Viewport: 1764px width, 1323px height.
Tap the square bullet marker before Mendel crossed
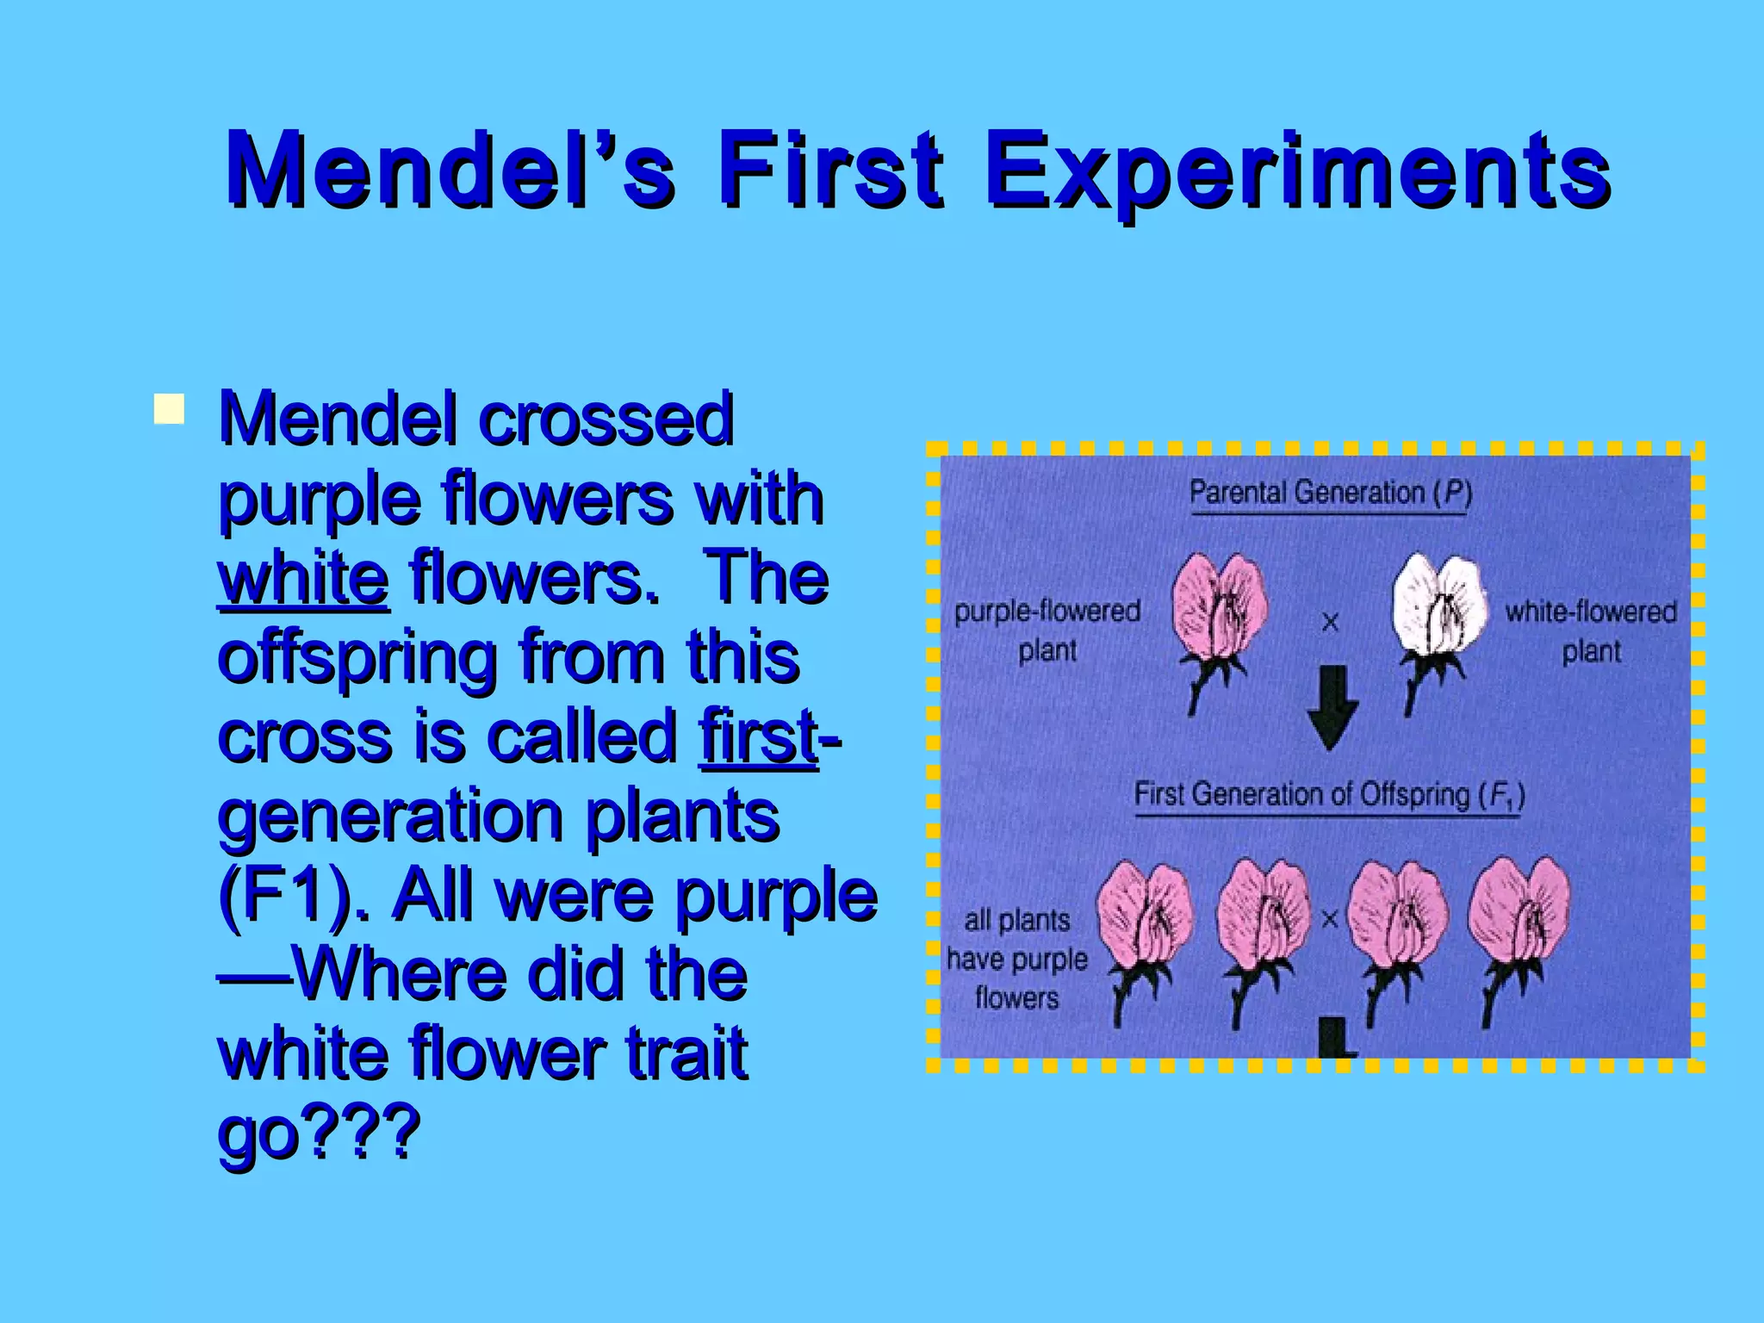coord(169,409)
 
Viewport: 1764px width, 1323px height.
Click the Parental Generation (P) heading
coord(1330,493)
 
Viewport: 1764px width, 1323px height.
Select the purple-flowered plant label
coord(1047,630)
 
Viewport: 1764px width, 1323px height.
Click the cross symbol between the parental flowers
coord(1330,622)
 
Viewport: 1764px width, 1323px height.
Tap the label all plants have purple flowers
coord(1016,959)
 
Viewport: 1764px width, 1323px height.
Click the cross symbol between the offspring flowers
coord(1329,920)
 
